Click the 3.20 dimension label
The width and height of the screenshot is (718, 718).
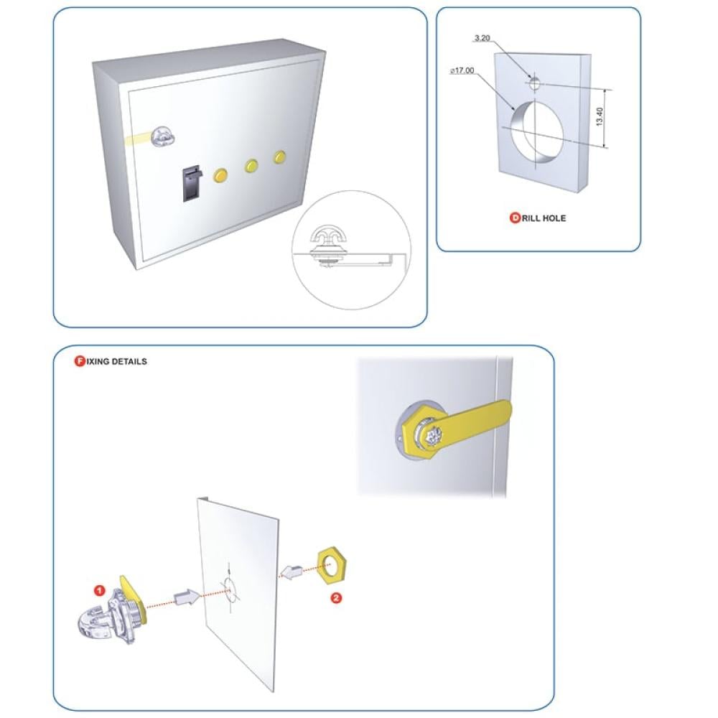point(482,38)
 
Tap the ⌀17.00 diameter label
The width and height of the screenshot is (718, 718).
point(462,70)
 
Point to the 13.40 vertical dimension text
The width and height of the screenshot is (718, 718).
point(600,117)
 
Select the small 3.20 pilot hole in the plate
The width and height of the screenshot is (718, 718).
point(534,83)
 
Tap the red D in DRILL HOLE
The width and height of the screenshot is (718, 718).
point(515,218)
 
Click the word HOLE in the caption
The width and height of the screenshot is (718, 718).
point(554,218)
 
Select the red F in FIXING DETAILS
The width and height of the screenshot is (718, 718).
point(80,361)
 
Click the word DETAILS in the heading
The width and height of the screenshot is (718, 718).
point(129,361)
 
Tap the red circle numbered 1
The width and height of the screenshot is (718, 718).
point(99,591)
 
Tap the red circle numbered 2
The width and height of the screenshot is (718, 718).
point(336,597)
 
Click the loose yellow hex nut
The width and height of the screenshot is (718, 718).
point(332,564)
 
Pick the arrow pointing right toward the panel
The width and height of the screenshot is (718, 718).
point(187,597)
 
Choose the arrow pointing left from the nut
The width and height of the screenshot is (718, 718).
point(293,572)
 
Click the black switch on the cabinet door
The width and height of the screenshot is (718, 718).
point(191,183)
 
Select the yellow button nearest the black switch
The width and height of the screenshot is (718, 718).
point(220,176)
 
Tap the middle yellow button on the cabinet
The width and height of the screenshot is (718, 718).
point(251,166)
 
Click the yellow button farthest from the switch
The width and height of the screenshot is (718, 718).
point(280,157)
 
